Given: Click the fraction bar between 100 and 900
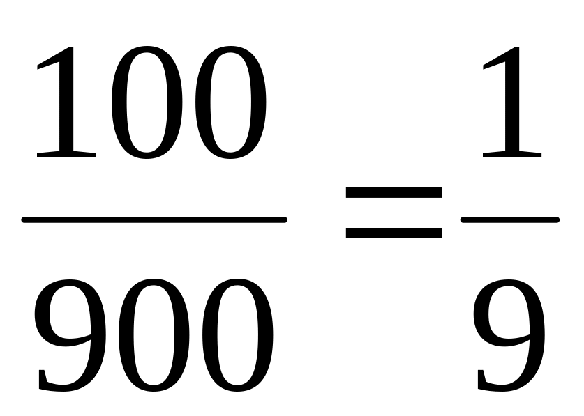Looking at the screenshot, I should point(154,219).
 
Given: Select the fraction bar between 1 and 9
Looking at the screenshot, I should point(510,219).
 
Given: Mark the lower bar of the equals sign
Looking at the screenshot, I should point(394,231).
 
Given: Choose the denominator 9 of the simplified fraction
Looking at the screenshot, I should point(509,334).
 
